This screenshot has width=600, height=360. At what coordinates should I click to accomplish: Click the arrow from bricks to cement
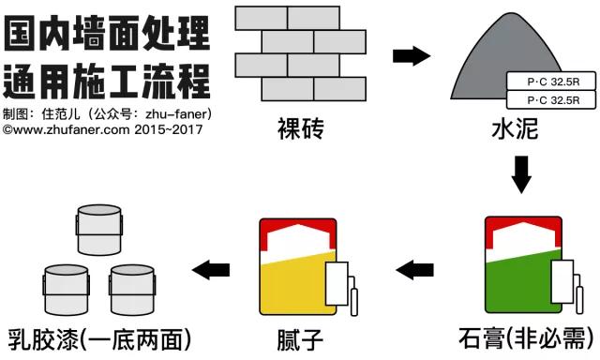(409, 56)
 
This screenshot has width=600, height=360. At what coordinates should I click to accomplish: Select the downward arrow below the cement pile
(521, 172)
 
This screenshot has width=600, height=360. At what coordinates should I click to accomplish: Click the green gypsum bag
(516, 267)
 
